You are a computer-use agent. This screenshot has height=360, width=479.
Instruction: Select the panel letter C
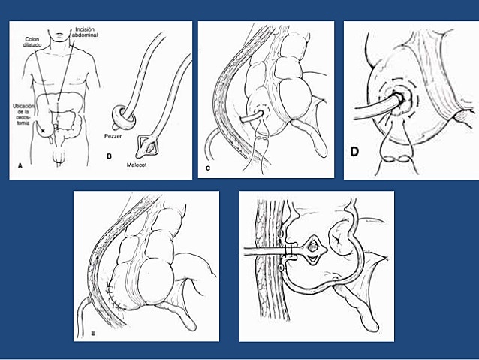tap(208, 168)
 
